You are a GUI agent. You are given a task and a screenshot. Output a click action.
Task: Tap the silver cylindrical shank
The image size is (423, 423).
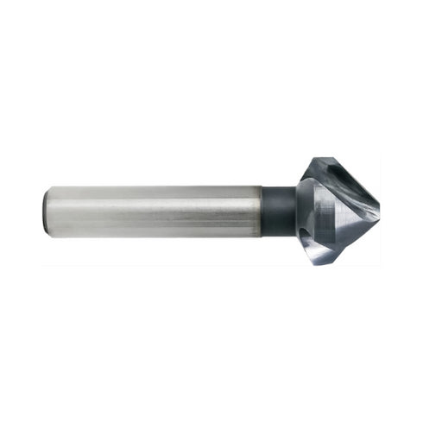click(155, 211)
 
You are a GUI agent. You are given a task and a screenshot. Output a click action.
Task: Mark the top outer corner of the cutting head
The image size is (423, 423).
click(320, 159)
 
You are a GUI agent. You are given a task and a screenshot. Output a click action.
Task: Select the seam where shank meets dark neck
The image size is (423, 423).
click(262, 211)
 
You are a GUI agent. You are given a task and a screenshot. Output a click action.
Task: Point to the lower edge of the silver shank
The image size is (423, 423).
click(155, 237)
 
